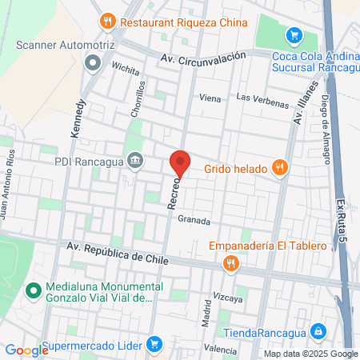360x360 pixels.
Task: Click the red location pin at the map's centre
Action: coord(180,163)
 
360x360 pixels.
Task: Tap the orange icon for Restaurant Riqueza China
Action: coord(106,21)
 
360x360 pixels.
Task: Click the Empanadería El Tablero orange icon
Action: coord(230,262)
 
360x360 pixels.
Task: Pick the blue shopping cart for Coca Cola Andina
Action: coord(294,35)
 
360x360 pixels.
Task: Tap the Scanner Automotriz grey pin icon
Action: coord(93,62)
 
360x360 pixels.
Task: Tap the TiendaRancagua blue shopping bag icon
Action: coord(318,330)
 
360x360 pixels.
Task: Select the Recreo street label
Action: coord(173,194)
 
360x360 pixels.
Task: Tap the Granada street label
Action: coord(194,220)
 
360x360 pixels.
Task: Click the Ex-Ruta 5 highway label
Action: coord(342,216)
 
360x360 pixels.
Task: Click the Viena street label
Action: coord(210,98)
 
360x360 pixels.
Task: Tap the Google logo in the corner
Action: coord(26,350)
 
